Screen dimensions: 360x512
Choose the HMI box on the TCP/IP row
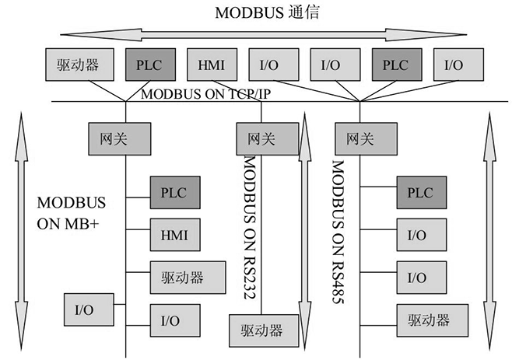tap(212, 64)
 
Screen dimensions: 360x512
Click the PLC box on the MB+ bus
tap(174, 190)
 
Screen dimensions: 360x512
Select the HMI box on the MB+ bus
tap(174, 232)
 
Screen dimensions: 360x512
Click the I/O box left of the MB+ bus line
tap(84, 309)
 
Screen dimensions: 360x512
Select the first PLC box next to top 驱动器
tap(149, 64)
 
